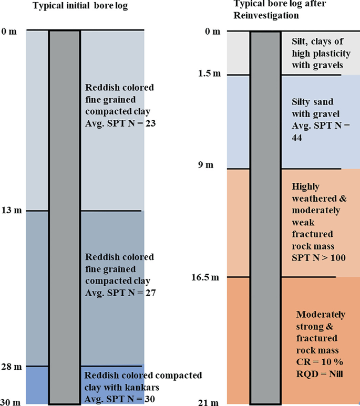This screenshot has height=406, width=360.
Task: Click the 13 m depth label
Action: (12, 210)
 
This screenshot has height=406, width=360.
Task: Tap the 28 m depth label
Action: (12, 367)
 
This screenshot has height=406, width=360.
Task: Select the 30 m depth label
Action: (11, 402)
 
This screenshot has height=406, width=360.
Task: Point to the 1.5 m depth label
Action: (209, 74)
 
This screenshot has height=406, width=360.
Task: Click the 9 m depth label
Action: (206, 165)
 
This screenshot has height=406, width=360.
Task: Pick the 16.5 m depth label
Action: (205, 277)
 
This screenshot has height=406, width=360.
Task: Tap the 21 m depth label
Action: (209, 403)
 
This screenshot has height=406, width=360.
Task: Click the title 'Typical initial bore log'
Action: (80, 6)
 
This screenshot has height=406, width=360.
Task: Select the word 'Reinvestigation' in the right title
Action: (266, 15)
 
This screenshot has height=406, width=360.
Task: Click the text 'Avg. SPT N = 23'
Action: (120, 123)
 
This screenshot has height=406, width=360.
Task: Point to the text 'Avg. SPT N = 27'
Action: (120, 293)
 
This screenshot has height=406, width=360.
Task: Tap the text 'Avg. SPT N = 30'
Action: (119, 399)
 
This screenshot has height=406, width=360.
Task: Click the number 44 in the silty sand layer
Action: (297, 138)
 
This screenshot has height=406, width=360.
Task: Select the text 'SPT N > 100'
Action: (318, 258)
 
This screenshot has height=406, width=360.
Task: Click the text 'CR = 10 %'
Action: (320, 362)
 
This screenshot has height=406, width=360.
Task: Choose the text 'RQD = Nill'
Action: (320, 374)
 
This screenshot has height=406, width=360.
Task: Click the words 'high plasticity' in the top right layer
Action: (321, 54)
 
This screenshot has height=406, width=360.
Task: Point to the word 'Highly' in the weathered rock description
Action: (305, 186)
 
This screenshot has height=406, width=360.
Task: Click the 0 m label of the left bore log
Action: (9, 32)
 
